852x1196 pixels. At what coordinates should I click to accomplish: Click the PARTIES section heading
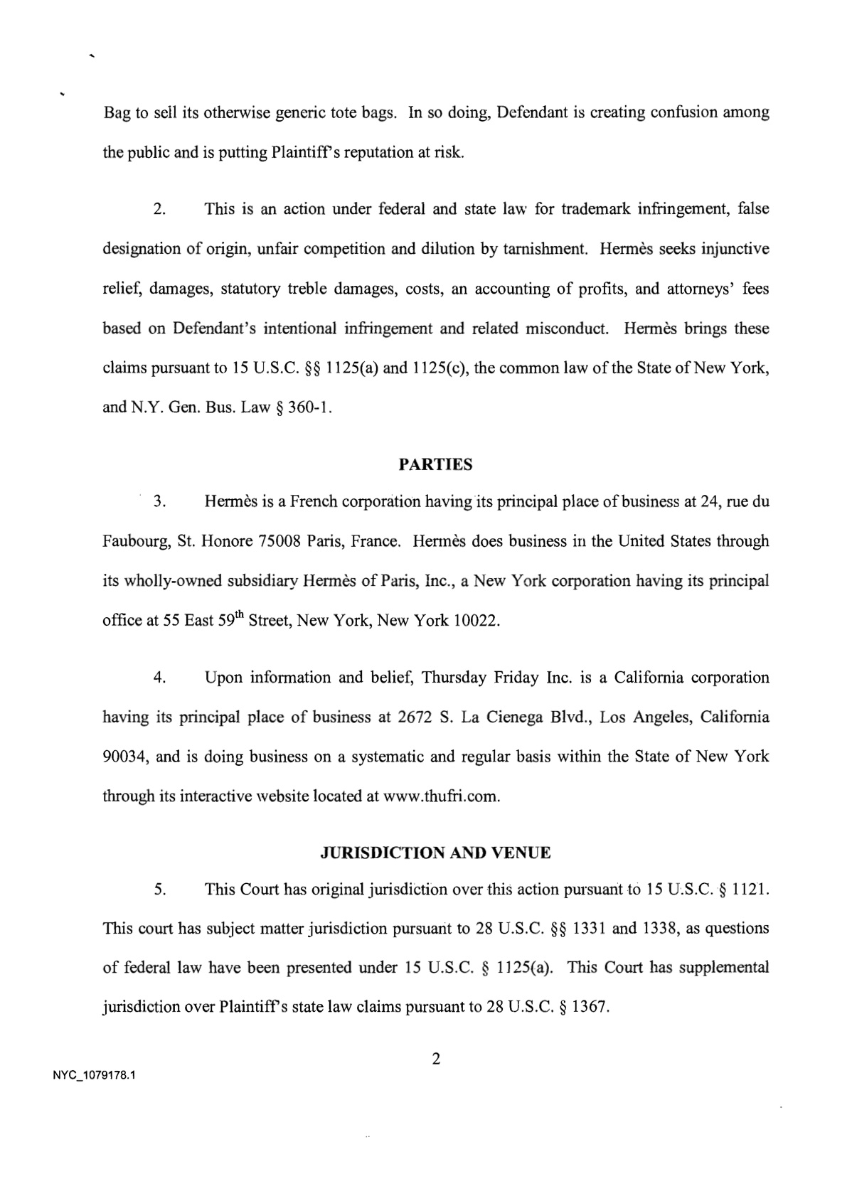pos(435,465)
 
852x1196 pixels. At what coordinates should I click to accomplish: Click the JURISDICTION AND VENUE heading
pos(435,853)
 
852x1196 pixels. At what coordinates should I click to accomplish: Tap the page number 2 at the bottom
pos(436,1059)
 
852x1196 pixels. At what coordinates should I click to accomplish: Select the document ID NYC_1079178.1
pos(94,1076)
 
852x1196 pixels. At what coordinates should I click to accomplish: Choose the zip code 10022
pos(477,621)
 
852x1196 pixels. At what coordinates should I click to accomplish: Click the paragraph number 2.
pos(159,210)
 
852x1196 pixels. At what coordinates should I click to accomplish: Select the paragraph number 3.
pos(159,502)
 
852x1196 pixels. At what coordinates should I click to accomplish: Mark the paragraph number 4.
pos(159,678)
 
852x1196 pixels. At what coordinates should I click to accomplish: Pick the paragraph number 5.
pos(159,890)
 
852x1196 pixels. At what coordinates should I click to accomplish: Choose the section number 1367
pos(590,1008)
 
